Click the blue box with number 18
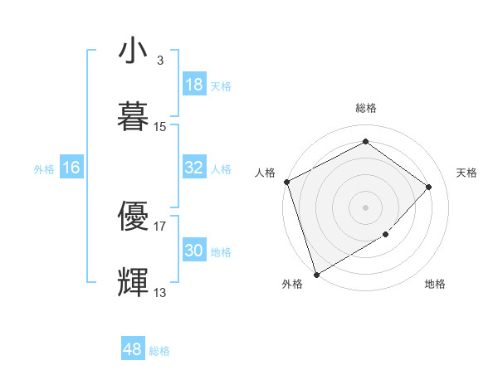click(194, 85)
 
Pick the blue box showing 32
click(194, 168)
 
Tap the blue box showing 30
click(194, 251)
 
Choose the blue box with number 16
click(71, 168)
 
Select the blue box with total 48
click(132, 349)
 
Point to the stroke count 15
click(160, 127)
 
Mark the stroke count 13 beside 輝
click(160, 292)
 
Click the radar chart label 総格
click(366, 108)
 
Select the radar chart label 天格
click(467, 173)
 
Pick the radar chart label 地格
click(435, 285)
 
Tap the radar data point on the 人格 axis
click(286, 182)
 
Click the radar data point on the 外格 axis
click(316, 274)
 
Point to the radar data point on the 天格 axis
click(429, 187)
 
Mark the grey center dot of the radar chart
click(365, 207)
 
